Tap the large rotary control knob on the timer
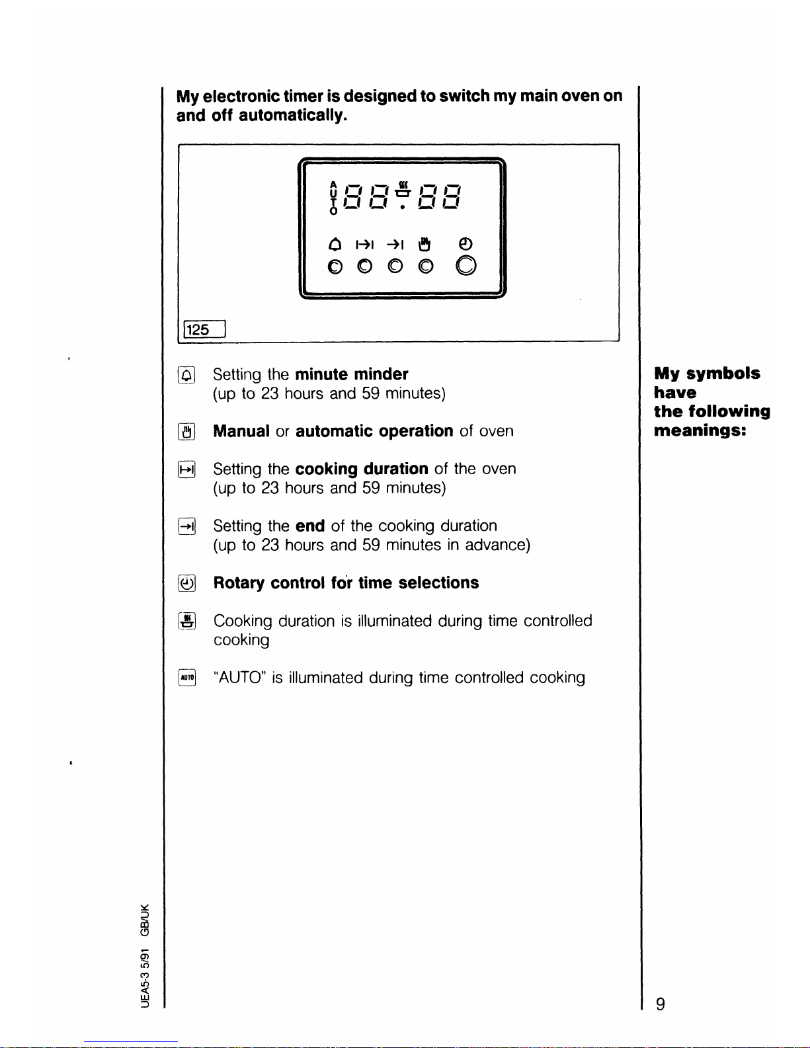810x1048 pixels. coord(466,266)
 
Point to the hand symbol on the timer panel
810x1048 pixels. coord(425,245)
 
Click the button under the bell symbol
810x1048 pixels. coord(335,266)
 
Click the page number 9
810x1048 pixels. coord(660,1004)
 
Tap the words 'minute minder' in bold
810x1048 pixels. coord(351,374)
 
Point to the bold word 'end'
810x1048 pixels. coord(309,526)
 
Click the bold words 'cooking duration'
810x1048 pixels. coord(361,469)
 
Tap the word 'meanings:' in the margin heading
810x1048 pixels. coord(700,430)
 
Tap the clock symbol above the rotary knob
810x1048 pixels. coord(466,243)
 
